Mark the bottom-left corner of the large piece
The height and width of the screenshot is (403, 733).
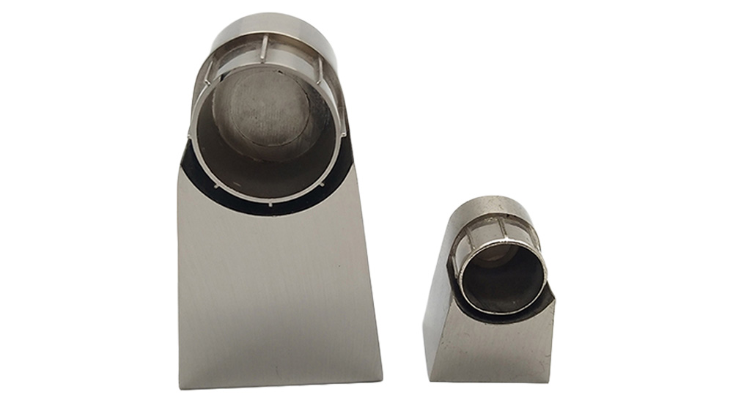(180, 386)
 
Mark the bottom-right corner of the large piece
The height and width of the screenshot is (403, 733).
(381, 379)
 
